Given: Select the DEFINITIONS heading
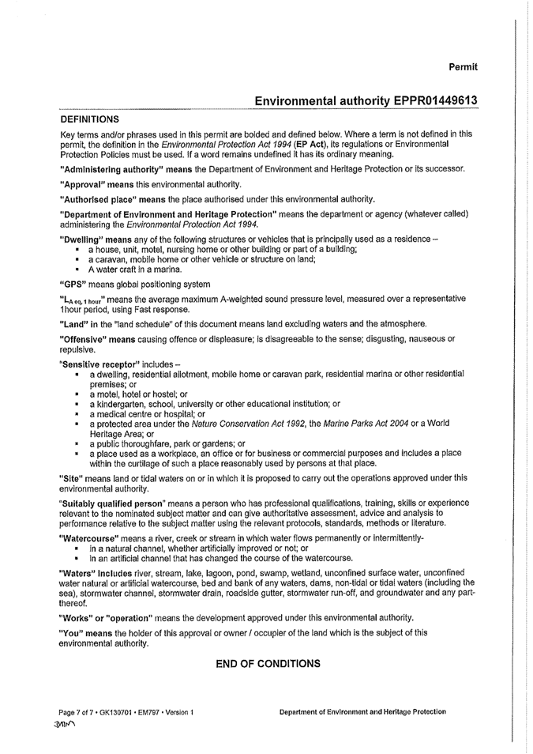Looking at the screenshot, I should pos(91,119).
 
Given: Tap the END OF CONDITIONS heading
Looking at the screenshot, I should pos(268,664).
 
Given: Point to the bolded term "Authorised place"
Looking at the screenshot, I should pos(94,198).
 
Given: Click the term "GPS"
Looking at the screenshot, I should pos(72,284).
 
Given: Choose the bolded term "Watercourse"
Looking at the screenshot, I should pos(90,538).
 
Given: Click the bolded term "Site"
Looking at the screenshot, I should pos(70,478).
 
